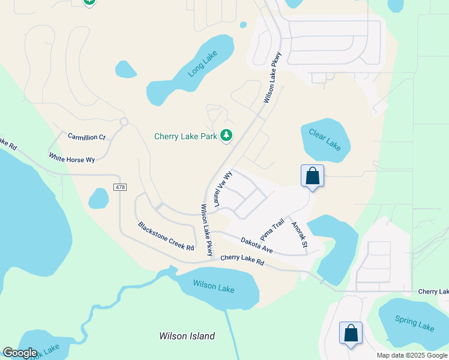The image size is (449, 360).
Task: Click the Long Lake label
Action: [x=201, y=65]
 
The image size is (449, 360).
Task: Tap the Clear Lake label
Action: [x=325, y=139]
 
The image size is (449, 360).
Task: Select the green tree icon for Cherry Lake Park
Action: [x=226, y=136]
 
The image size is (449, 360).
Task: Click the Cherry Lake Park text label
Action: [x=185, y=137]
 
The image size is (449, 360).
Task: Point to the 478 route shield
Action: [x=119, y=188]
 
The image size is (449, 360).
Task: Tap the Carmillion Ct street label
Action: [x=86, y=137]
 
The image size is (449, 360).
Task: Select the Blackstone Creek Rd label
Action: [x=166, y=236]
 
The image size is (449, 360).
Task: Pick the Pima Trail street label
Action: [x=272, y=229]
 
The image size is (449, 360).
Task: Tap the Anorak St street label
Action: [x=299, y=235]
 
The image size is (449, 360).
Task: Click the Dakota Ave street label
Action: [x=257, y=245]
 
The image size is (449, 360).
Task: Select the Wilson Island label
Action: [x=187, y=336]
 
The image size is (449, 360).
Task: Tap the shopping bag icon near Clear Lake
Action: [x=312, y=176]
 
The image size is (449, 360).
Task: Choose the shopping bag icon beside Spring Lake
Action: [x=351, y=333]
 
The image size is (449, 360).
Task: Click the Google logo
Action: [x=20, y=353]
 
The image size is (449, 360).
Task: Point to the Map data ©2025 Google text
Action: [x=411, y=355]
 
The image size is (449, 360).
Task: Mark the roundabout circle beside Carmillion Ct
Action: [x=124, y=122]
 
